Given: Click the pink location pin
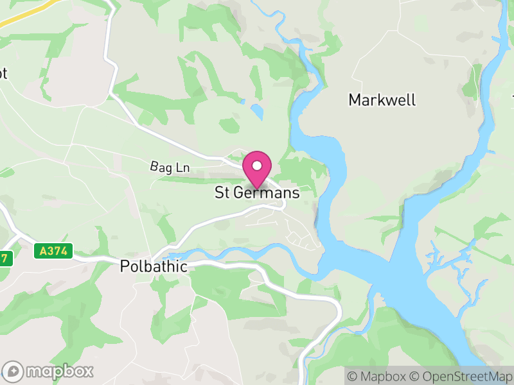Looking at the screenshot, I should (257, 169).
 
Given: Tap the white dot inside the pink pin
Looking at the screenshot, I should (257, 166).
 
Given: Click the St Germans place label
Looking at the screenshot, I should (258, 193).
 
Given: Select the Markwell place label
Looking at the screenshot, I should (382, 100).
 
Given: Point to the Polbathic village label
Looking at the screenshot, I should (154, 266).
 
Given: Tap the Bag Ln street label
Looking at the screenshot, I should (170, 168).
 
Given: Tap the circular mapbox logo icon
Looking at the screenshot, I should (13, 371).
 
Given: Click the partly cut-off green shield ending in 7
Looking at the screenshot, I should (4, 257).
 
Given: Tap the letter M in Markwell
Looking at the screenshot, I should (355, 100).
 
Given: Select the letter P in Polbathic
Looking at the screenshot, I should (125, 266).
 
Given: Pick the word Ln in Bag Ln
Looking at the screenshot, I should (182, 168).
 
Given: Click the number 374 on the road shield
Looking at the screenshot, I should (58, 251).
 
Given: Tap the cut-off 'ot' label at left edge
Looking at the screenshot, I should (3, 74).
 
